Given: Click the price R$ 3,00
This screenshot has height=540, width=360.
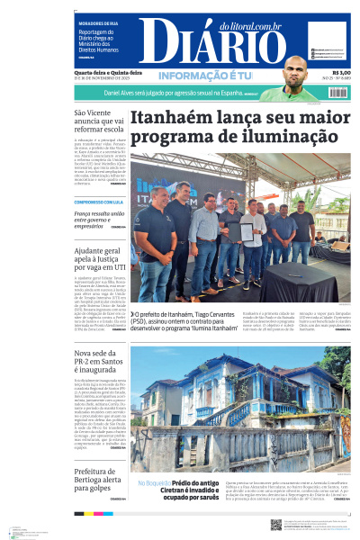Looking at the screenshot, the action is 341,74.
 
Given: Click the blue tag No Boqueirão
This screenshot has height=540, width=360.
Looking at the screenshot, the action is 151,484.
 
